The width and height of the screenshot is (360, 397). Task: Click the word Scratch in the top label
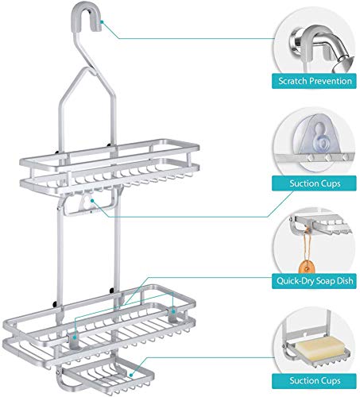point(292,81)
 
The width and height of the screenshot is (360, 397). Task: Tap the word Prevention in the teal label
point(330,81)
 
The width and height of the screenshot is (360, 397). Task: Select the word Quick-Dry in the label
point(294,281)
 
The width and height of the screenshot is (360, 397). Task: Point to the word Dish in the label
point(344,280)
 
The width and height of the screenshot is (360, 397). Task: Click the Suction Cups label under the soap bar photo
point(314,381)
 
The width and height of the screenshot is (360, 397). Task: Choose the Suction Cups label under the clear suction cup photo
point(314,183)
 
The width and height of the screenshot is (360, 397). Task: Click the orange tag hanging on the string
point(307,267)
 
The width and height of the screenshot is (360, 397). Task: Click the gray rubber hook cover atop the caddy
point(87,17)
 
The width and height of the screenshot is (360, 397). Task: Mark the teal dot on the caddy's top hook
point(102,22)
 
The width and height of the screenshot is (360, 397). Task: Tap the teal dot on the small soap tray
point(131,375)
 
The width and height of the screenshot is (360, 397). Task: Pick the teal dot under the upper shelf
point(92,201)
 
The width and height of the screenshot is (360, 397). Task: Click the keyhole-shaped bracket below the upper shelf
point(85,202)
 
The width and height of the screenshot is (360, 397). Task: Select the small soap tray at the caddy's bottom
point(106,376)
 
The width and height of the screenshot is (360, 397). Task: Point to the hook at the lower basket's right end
point(172,314)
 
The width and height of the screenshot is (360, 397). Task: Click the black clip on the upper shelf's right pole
point(109,145)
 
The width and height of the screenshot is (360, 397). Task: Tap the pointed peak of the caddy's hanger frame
point(85,68)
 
